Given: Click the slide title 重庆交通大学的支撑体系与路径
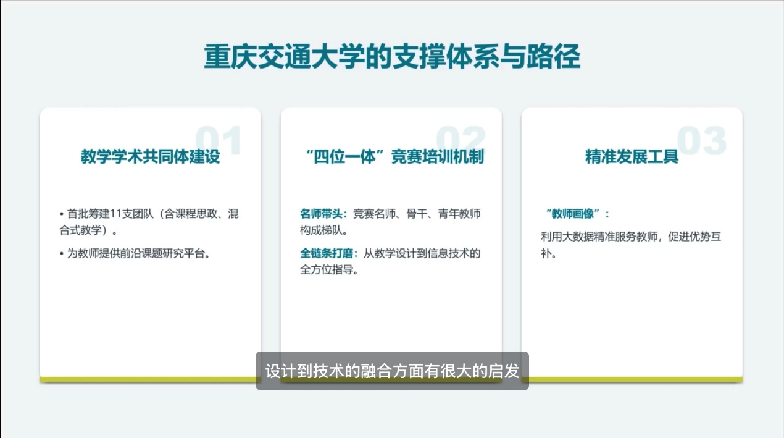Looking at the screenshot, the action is tap(392, 56).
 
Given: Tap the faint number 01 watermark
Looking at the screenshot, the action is tap(219, 140).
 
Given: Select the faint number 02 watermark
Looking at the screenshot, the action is tap(461, 140).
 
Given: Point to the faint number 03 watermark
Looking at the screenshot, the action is tap(701, 140).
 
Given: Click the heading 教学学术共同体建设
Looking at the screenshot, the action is tap(151, 156).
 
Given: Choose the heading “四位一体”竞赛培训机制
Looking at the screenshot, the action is tap(394, 156).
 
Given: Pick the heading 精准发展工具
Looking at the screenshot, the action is tap(632, 156).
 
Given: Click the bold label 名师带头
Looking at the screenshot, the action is tap(321, 214).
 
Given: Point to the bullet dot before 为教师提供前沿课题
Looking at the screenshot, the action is tap(62, 253).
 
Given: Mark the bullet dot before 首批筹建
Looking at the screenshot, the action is tap(62, 214).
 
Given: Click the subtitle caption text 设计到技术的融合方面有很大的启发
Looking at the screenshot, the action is tap(392, 371).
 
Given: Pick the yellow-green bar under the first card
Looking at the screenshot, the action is tap(148, 379).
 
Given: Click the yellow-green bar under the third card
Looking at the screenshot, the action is tap(636, 379).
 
